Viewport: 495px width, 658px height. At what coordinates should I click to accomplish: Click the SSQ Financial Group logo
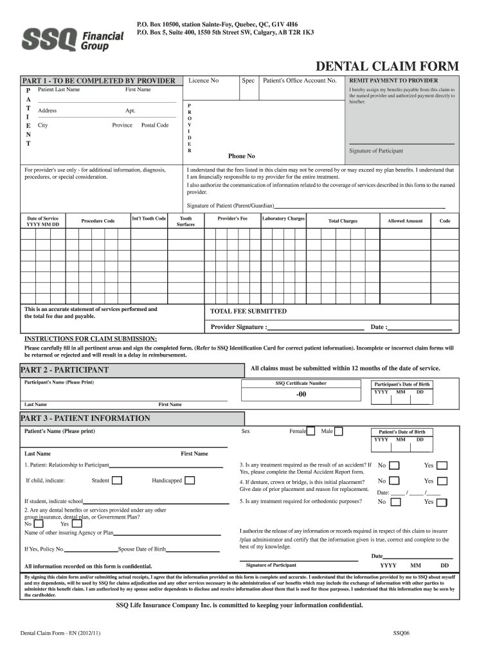click(x=73, y=40)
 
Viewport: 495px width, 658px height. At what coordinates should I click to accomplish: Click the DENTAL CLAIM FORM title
click(x=386, y=66)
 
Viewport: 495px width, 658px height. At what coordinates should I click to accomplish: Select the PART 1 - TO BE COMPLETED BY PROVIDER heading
click(x=98, y=80)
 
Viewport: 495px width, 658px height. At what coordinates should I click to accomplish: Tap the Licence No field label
click(x=203, y=80)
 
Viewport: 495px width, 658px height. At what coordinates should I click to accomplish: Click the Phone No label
click(x=242, y=156)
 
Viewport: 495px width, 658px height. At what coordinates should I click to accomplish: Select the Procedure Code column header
click(x=98, y=221)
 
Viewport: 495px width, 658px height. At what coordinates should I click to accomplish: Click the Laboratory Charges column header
click(x=283, y=218)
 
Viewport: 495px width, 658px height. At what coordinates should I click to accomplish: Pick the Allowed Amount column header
click(x=405, y=221)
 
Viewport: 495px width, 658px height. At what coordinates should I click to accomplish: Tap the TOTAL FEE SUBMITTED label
click(x=249, y=311)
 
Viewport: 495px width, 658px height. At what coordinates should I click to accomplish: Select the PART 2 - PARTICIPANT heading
click(x=66, y=369)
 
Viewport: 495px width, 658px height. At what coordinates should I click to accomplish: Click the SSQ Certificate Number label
click(x=301, y=383)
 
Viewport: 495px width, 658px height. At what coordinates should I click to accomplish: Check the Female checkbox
click(x=310, y=431)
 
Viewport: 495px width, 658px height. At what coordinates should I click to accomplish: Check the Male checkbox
click(x=338, y=431)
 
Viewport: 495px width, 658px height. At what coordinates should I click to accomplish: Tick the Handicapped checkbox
click(x=189, y=480)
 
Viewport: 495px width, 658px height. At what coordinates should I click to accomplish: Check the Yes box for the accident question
click(x=442, y=465)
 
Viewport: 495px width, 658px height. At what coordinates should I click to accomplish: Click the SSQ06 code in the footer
click(x=401, y=633)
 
